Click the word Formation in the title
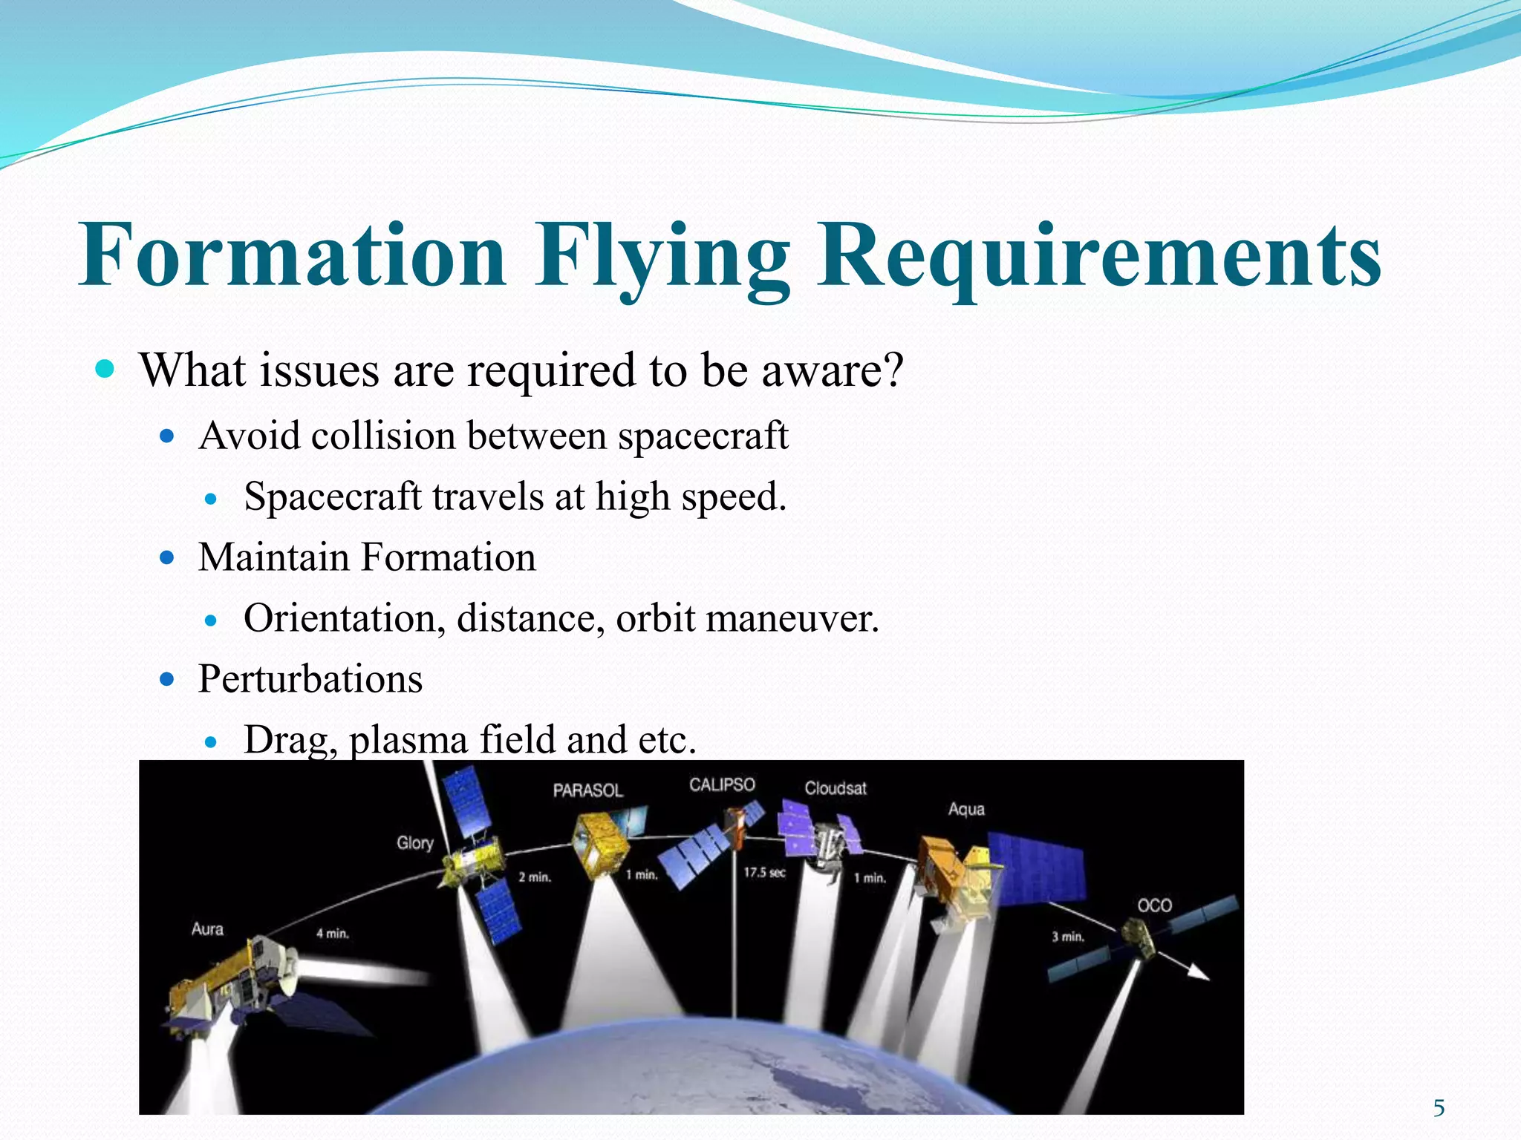click(x=293, y=256)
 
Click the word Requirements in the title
click(x=1099, y=256)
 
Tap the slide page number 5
click(x=1439, y=1108)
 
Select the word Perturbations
click(x=310, y=678)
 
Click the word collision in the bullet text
click(x=383, y=436)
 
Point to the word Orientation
click(x=345, y=618)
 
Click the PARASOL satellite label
click(x=587, y=790)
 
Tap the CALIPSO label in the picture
click(x=722, y=785)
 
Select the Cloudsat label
click(x=836, y=788)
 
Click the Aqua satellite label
click(x=966, y=809)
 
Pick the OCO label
click(x=1154, y=905)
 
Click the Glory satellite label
click(x=414, y=843)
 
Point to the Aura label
click(x=207, y=929)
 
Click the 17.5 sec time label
click(x=764, y=873)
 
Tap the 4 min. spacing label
click(x=332, y=934)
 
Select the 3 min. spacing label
click(x=1067, y=937)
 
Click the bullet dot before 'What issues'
click(x=105, y=369)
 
